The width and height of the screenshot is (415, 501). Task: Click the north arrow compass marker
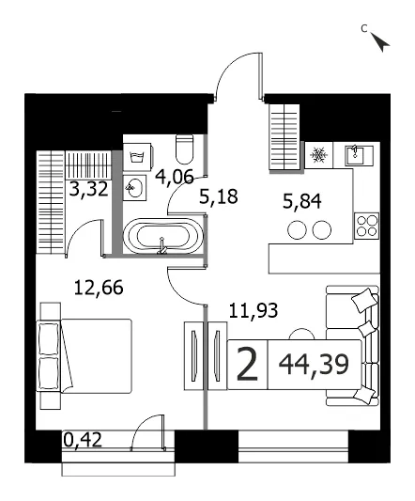click(380, 41)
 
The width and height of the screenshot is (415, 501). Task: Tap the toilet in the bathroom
click(185, 149)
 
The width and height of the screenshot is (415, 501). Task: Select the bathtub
click(163, 236)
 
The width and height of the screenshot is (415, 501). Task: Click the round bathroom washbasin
click(134, 188)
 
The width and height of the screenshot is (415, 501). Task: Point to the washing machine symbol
click(137, 157)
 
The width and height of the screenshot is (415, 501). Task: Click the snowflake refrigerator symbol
click(318, 155)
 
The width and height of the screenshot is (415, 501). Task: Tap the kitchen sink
click(360, 155)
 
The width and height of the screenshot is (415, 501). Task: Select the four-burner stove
click(367, 226)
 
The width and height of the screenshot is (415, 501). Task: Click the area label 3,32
click(89, 189)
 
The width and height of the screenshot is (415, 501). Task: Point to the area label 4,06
click(175, 177)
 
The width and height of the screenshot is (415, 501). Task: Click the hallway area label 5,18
click(219, 196)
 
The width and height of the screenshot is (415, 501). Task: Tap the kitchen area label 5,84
click(302, 201)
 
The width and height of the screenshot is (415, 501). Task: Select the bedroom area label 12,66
click(99, 288)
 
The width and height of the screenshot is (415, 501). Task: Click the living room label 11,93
click(254, 310)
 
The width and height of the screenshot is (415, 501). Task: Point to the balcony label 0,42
click(83, 440)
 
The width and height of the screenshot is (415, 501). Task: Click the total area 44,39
click(314, 365)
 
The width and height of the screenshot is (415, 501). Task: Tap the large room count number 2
click(247, 365)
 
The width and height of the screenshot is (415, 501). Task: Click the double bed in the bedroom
click(84, 356)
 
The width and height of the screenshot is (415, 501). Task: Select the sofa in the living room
click(352, 345)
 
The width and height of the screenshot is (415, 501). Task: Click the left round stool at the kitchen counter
click(297, 229)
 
